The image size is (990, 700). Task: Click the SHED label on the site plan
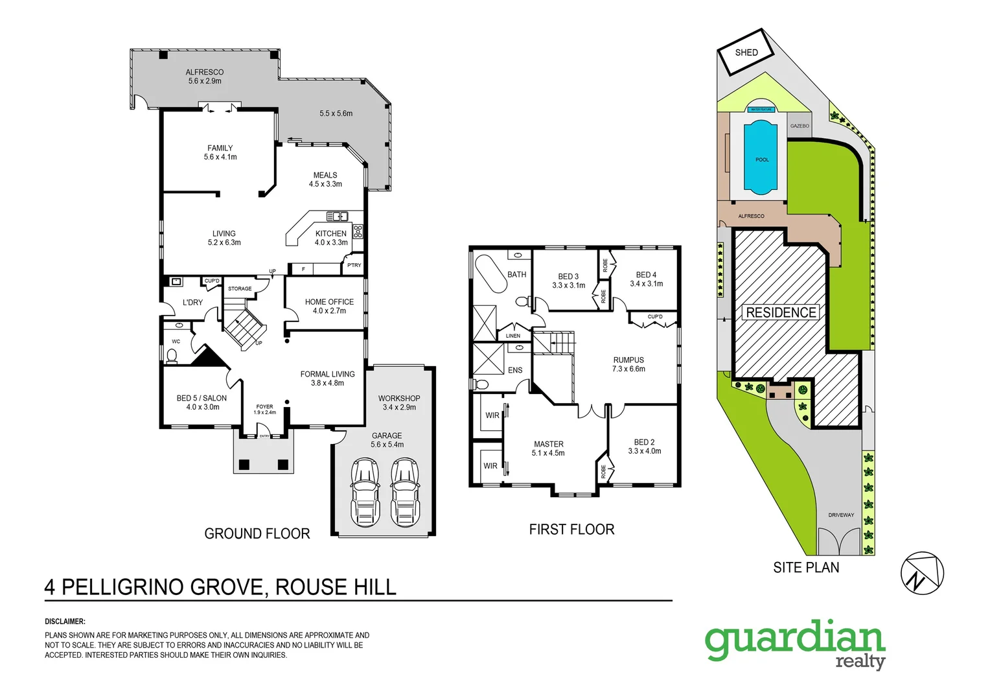click(746, 52)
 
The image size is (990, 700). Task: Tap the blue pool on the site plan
click(761, 157)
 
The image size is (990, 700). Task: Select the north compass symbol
click(922, 573)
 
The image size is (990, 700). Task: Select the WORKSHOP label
click(399, 399)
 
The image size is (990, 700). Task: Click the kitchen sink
click(337, 216)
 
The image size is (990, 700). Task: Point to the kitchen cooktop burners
click(358, 231)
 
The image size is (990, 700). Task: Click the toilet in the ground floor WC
click(172, 355)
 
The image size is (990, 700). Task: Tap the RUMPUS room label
click(628, 360)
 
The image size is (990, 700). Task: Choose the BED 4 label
click(646, 275)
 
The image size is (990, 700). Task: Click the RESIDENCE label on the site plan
click(781, 312)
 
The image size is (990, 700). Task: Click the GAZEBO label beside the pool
click(800, 126)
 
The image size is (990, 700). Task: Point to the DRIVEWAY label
click(841, 515)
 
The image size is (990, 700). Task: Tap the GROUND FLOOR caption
click(257, 533)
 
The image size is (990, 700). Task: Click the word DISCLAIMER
click(65, 622)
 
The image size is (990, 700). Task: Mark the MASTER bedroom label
click(548, 445)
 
